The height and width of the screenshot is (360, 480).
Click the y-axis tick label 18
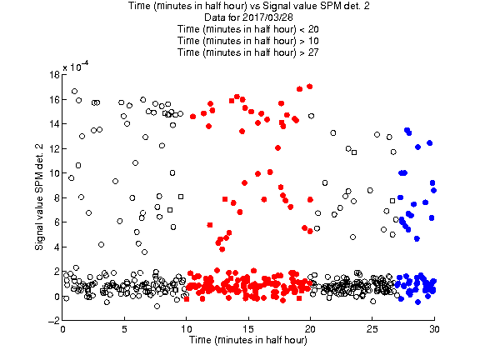(x=54, y=75)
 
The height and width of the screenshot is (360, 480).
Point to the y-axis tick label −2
(x=54, y=321)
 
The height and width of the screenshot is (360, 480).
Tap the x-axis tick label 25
(x=372, y=329)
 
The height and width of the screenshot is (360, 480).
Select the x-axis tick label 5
(x=124, y=329)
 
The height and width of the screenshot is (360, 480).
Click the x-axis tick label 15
(x=248, y=329)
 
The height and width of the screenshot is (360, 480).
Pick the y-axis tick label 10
(x=54, y=173)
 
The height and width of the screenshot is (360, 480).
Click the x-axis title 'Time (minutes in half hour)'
(x=248, y=340)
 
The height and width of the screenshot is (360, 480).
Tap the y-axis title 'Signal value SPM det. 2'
(x=39, y=197)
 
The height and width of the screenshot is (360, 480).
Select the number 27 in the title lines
(x=313, y=52)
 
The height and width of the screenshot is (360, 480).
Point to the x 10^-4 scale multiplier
(x=76, y=66)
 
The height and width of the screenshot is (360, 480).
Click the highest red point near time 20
(x=309, y=87)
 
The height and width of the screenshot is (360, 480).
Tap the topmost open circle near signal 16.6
(x=74, y=91)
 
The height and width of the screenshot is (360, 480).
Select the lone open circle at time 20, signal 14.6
(x=312, y=116)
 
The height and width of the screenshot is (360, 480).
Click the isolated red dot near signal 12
(x=277, y=147)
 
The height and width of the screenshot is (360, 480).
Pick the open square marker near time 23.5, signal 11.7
(x=354, y=152)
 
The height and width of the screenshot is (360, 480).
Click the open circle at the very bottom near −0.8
(x=157, y=306)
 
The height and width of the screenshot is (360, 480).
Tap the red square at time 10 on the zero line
(x=187, y=299)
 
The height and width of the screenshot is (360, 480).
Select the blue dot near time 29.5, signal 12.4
(x=429, y=143)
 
